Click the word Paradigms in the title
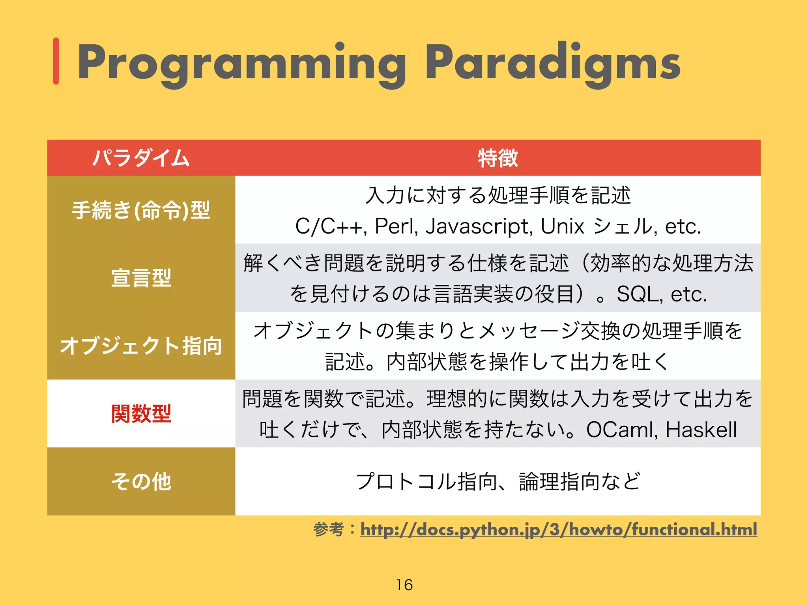tap(552, 63)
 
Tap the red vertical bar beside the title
tap(56, 61)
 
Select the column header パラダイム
tap(141, 158)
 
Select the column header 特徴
tap(498, 158)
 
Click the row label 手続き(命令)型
tap(141, 210)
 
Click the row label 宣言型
tap(141, 278)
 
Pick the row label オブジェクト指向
tap(141, 346)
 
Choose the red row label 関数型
tap(141, 414)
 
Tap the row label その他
tap(141, 481)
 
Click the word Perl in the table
tap(396, 226)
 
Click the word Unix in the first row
tap(562, 226)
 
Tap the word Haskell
tap(701, 430)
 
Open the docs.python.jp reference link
tap(558, 529)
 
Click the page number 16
tap(404, 585)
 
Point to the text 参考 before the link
tap(329, 529)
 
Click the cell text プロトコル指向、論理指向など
tap(498, 481)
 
